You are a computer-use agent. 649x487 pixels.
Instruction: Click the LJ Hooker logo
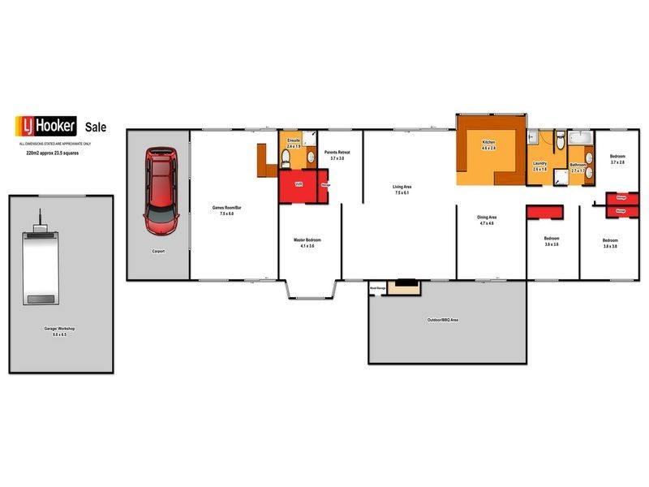(x=46, y=126)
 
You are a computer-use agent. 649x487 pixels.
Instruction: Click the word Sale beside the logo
(x=97, y=127)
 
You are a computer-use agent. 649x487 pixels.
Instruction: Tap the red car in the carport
(x=159, y=191)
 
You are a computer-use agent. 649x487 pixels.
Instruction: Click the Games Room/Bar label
(x=228, y=209)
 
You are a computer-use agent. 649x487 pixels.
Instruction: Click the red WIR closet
(x=299, y=185)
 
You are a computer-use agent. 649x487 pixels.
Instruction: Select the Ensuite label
(x=294, y=140)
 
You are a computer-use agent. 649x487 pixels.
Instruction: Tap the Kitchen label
(x=488, y=142)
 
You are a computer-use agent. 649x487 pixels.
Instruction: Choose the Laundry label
(x=540, y=163)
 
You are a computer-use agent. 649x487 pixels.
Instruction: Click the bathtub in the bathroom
(x=581, y=138)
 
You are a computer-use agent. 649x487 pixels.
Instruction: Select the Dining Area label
(x=487, y=218)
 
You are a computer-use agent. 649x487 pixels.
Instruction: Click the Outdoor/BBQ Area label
(x=443, y=321)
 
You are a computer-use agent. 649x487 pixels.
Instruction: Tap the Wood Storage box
(x=377, y=287)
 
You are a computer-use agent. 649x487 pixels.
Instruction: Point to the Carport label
(x=159, y=252)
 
